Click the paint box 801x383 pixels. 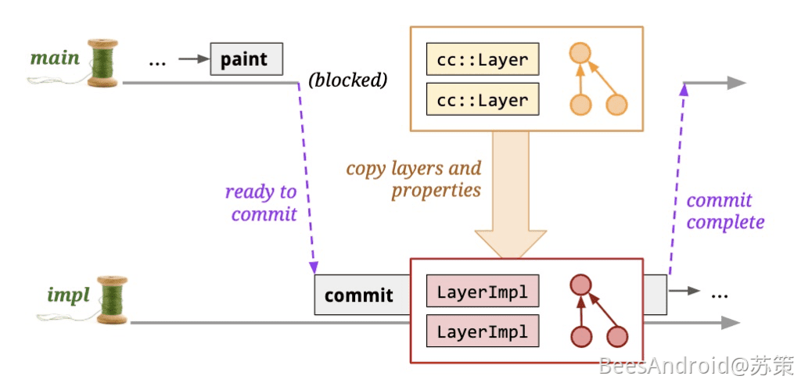(246, 59)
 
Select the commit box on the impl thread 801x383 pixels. (359, 295)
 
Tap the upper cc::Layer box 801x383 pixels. (483, 59)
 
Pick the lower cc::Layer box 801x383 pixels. (483, 101)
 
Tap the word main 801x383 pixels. (54, 58)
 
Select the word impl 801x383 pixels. (67, 295)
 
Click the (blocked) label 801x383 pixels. (349, 80)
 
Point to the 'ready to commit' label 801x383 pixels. (260, 202)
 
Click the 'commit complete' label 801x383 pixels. (724, 211)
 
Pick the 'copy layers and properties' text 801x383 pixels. (414, 179)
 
